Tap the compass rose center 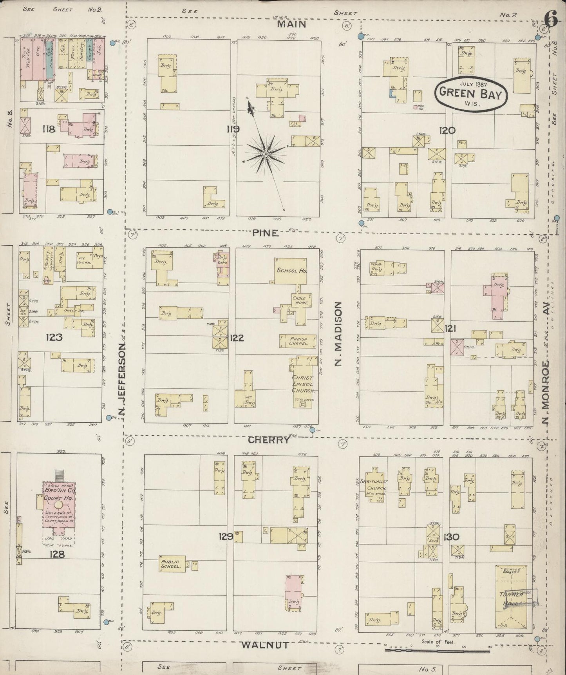266,154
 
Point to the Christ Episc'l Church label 304,384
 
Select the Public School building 171,564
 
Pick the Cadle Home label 301,300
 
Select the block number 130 452,537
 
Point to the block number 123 54,337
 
